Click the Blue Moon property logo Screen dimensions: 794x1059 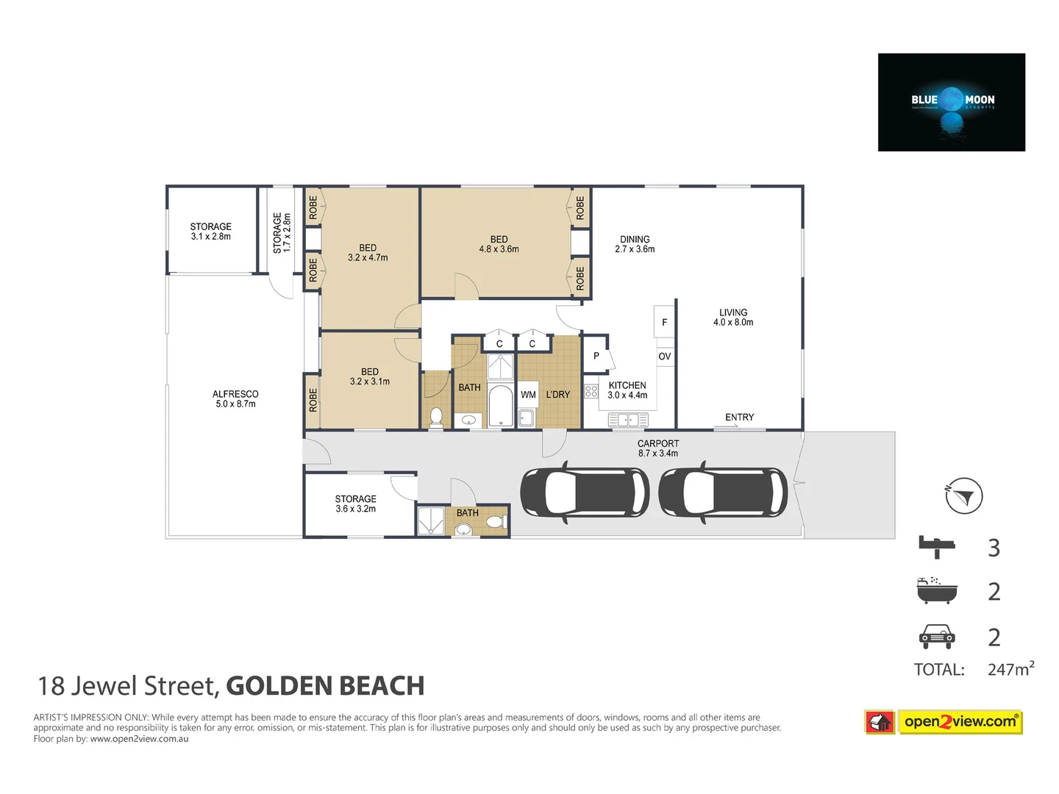(x=951, y=102)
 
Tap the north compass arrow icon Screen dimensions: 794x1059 (x=963, y=496)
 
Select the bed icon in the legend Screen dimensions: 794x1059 (x=937, y=547)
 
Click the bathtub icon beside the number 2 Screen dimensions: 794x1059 (x=937, y=590)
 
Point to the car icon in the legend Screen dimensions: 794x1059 (x=937, y=636)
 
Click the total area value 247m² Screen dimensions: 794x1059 (x=1010, y=669)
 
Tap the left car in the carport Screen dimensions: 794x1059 (x=585, y=492)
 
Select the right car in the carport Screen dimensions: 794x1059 (x=723, y=492)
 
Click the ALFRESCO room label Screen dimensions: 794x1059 (x=235, y=398)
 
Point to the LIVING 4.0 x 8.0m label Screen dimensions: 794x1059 (x=733, y=317)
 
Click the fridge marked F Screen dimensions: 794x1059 (x=665, y=322)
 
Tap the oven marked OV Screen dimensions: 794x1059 (x=665, y=357)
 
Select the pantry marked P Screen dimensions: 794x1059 (x=596, y=356)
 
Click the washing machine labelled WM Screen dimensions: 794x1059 (x=528, y=395)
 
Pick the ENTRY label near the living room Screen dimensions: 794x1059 (x=739, y=417)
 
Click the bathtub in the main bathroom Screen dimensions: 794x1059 (x=501, y=406)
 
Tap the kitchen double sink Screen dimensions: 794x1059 (x=628, y=420)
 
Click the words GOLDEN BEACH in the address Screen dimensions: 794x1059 (x=325, y=686)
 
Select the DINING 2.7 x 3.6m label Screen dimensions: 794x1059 (x=635, y=244)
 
